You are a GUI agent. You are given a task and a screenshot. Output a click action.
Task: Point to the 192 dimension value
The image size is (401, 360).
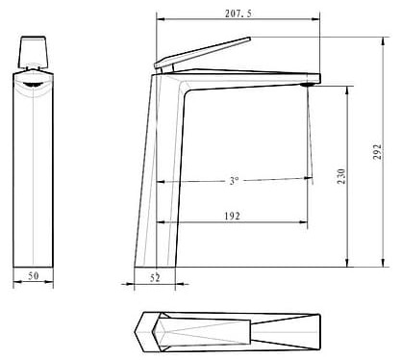click(x=231, y=216)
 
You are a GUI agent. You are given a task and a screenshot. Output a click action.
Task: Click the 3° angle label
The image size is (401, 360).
click(x=234, y=180)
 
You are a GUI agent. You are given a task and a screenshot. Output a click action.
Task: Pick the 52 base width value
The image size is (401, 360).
click(x=156, y=278)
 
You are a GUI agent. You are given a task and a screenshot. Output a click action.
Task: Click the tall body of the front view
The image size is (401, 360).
click(x=36, y=173)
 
